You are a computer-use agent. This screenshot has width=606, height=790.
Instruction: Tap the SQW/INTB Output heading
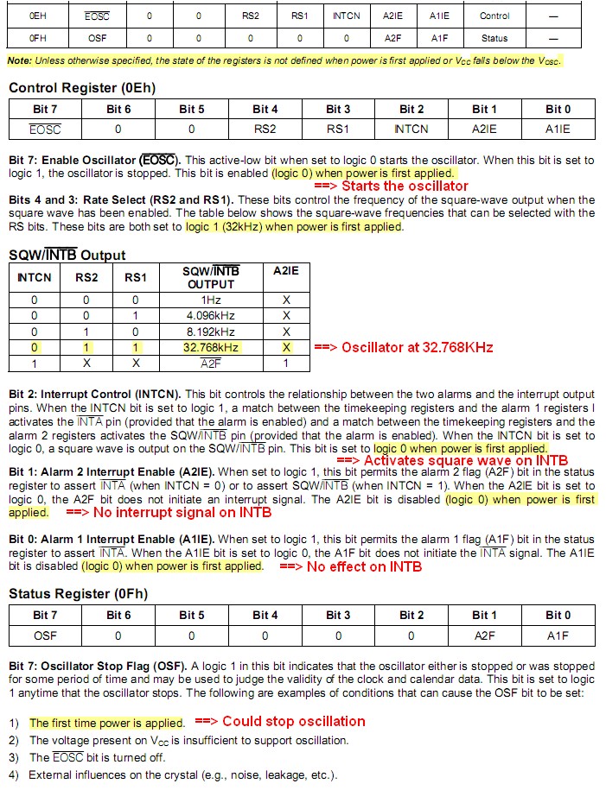(67, 255)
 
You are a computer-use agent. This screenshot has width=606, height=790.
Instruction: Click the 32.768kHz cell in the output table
(211, 347)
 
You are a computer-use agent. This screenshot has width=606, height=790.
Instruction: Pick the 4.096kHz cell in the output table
(211, 315)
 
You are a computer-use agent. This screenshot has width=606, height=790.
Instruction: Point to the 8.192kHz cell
(211, 332)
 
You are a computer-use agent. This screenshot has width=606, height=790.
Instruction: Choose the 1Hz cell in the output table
(211, 300)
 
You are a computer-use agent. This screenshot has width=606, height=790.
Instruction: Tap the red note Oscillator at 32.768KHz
(403, 347)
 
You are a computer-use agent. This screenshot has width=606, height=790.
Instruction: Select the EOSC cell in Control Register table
(45, 129)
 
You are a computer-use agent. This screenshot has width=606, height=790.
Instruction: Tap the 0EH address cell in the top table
(36, 16)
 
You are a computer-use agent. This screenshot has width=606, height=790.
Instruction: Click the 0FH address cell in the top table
(36, 38)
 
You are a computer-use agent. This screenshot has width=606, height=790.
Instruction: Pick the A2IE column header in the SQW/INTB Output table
(285, 270)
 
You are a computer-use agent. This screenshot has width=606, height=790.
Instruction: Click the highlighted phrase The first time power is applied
(106, 723)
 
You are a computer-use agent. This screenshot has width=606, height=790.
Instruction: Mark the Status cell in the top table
(495, 38)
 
